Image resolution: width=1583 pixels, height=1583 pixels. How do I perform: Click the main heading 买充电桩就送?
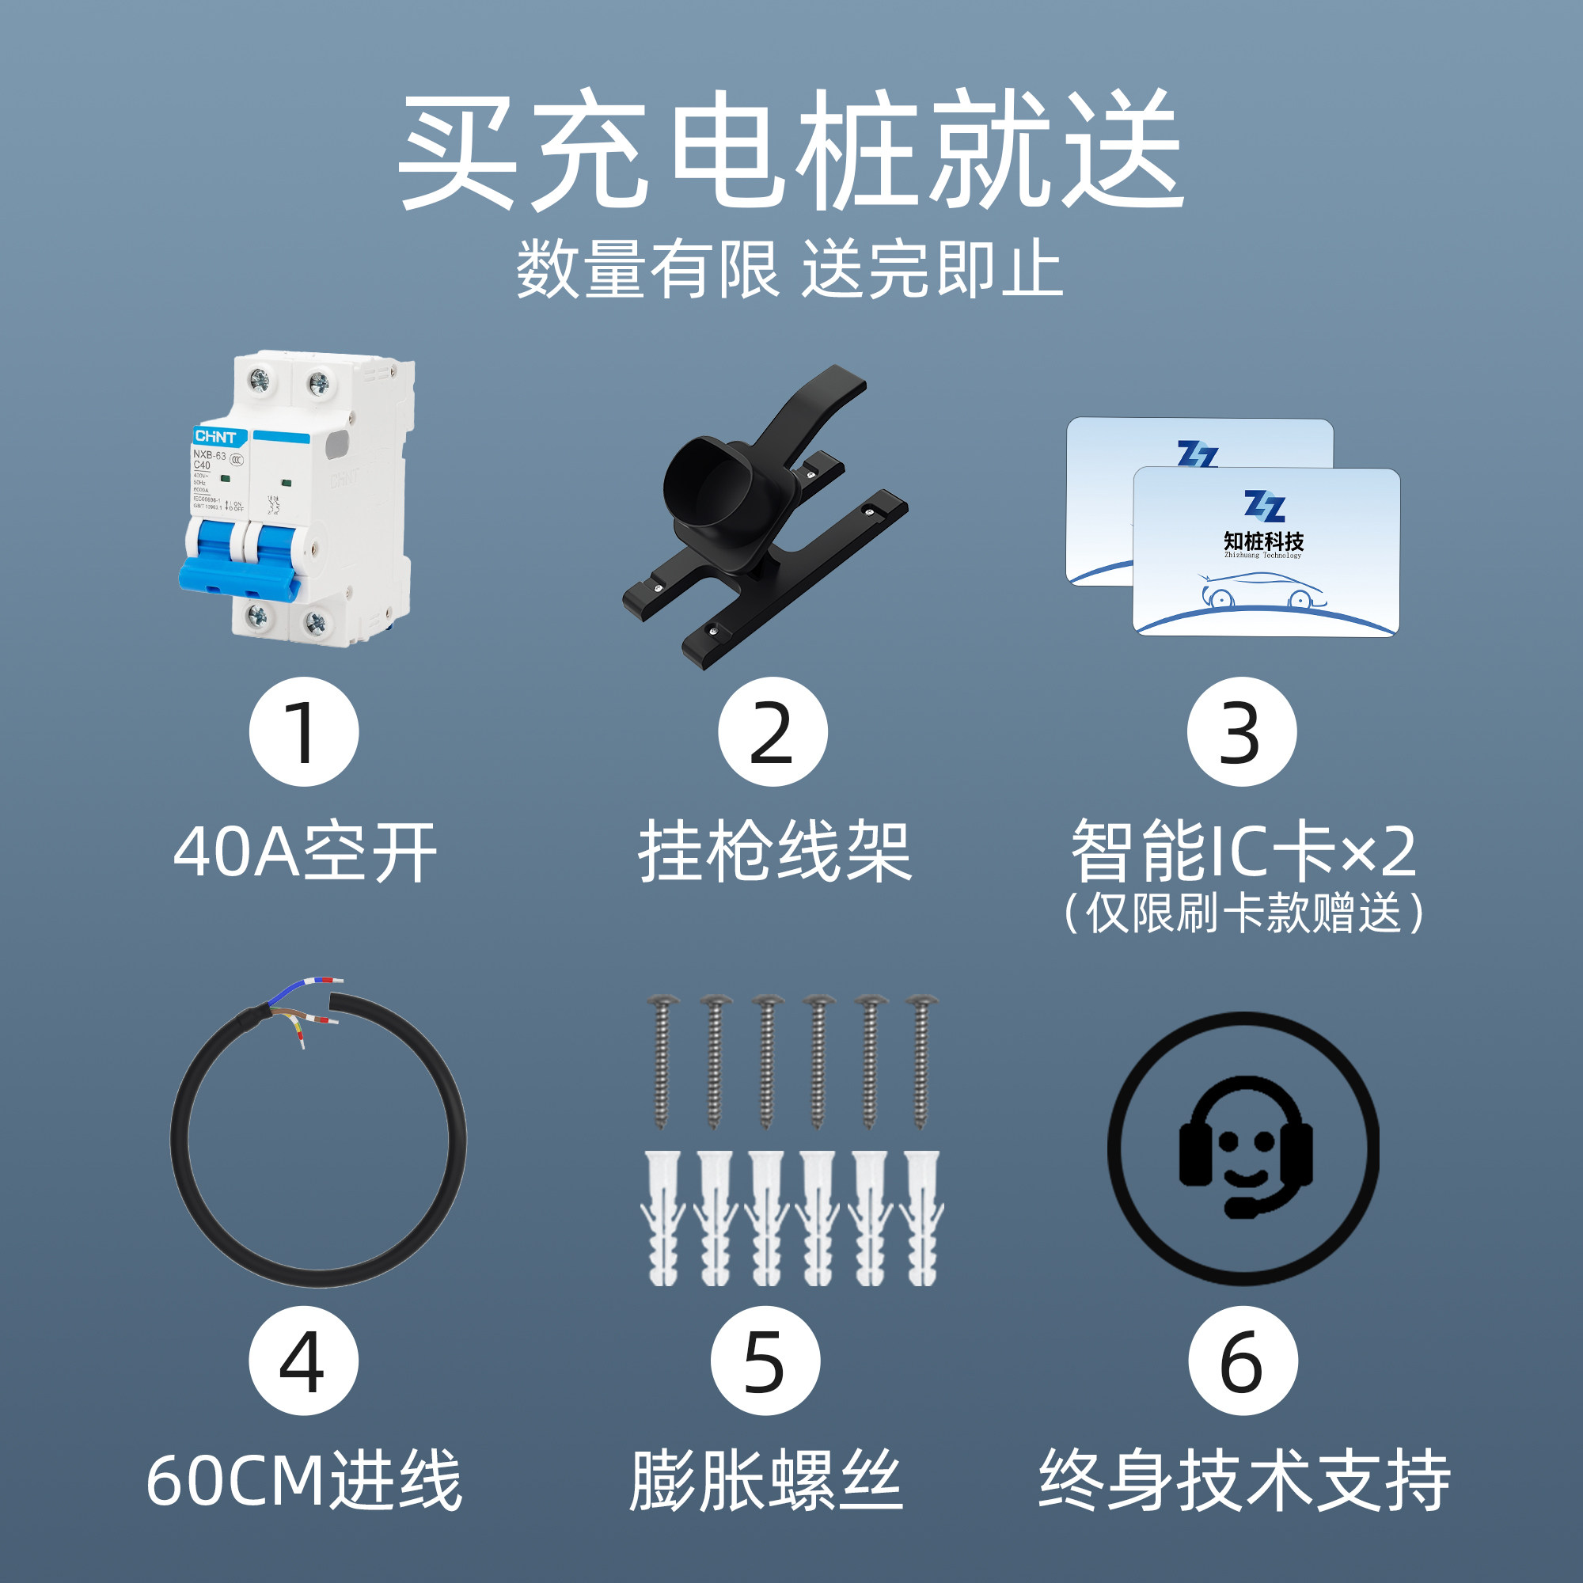(x=791, y=152)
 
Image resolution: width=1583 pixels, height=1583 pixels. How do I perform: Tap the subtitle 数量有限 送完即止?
(x=791, y=269)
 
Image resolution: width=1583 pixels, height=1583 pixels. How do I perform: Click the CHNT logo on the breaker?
(x=214, y=437)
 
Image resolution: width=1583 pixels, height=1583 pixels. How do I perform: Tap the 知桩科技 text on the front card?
(x=1263, y=541)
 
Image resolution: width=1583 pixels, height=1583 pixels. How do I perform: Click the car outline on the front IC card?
(x=1262, y=591)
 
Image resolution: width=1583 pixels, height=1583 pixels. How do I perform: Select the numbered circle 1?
(x=304, y=731)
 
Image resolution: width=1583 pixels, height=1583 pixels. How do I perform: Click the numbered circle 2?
(x=773, y=731)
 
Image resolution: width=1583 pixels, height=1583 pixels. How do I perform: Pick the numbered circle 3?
(x=1241, y=731)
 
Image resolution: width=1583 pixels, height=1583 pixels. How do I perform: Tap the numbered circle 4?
(x=304, y=1361)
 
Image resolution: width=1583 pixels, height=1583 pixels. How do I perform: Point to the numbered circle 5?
(x=765, y=1361)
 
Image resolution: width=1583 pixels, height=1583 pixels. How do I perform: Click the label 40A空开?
(x=305, y=853)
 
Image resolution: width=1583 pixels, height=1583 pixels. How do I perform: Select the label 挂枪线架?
(x=775, y=853)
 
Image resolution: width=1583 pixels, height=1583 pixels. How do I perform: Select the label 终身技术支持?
(x=1244, y=1481)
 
